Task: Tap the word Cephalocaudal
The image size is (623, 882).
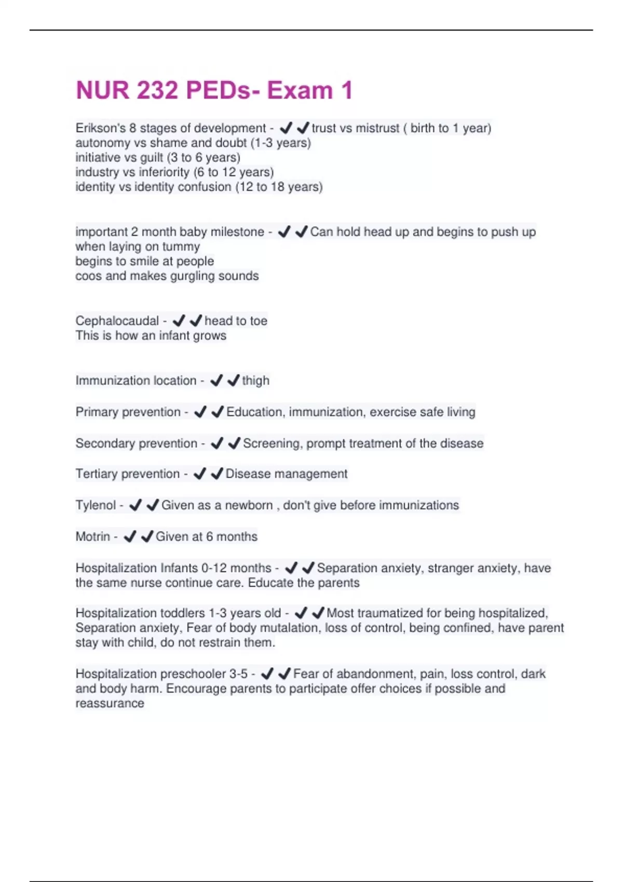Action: (117, 321)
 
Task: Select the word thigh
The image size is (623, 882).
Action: (255, 380)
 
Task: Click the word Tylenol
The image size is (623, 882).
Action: (96, 505)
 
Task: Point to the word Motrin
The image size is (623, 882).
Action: (92, 536)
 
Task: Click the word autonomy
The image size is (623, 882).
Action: (103, 143)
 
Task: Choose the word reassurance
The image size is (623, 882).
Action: (110, 704)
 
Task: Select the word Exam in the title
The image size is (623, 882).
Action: (300, 90)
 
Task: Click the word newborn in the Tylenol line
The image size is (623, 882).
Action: (249, 505)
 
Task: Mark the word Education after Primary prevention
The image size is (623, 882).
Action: (254, 412)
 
